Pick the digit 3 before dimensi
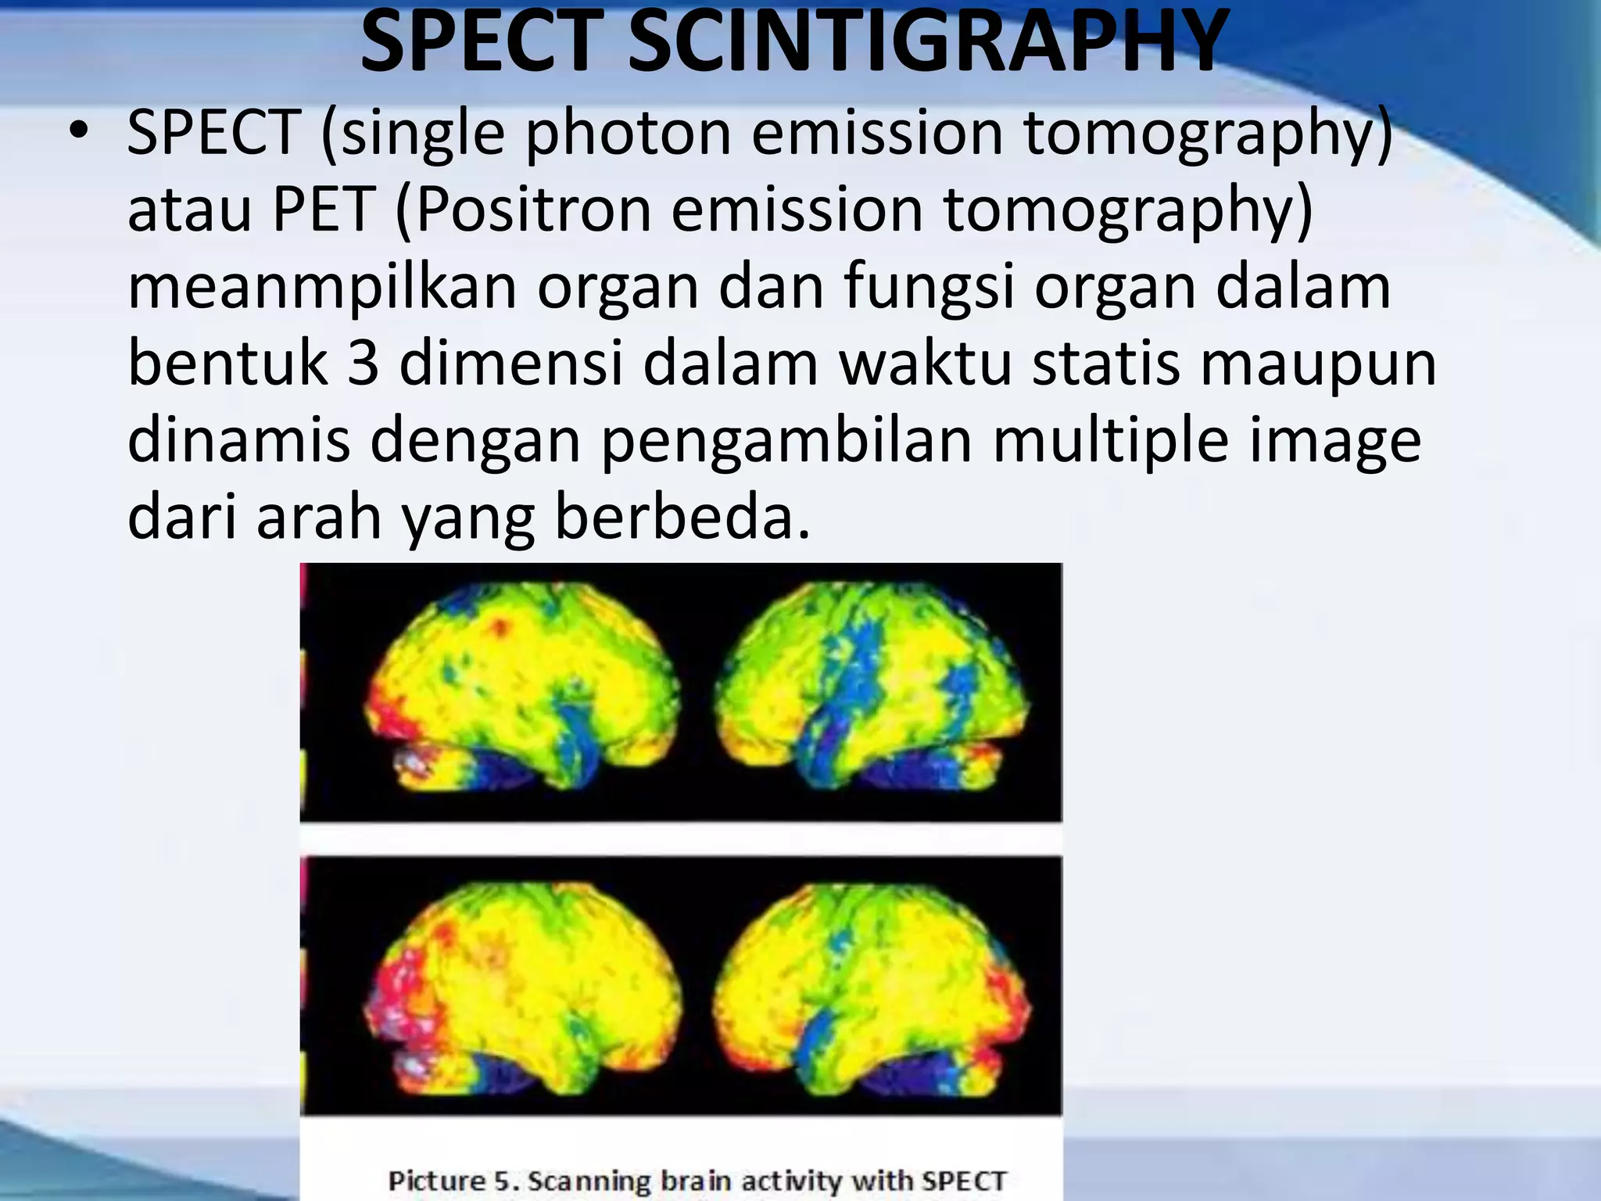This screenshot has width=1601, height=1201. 363,364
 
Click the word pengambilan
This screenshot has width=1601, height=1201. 786,441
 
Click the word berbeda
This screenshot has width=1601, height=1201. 682,517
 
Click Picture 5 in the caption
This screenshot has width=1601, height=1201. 453,1180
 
